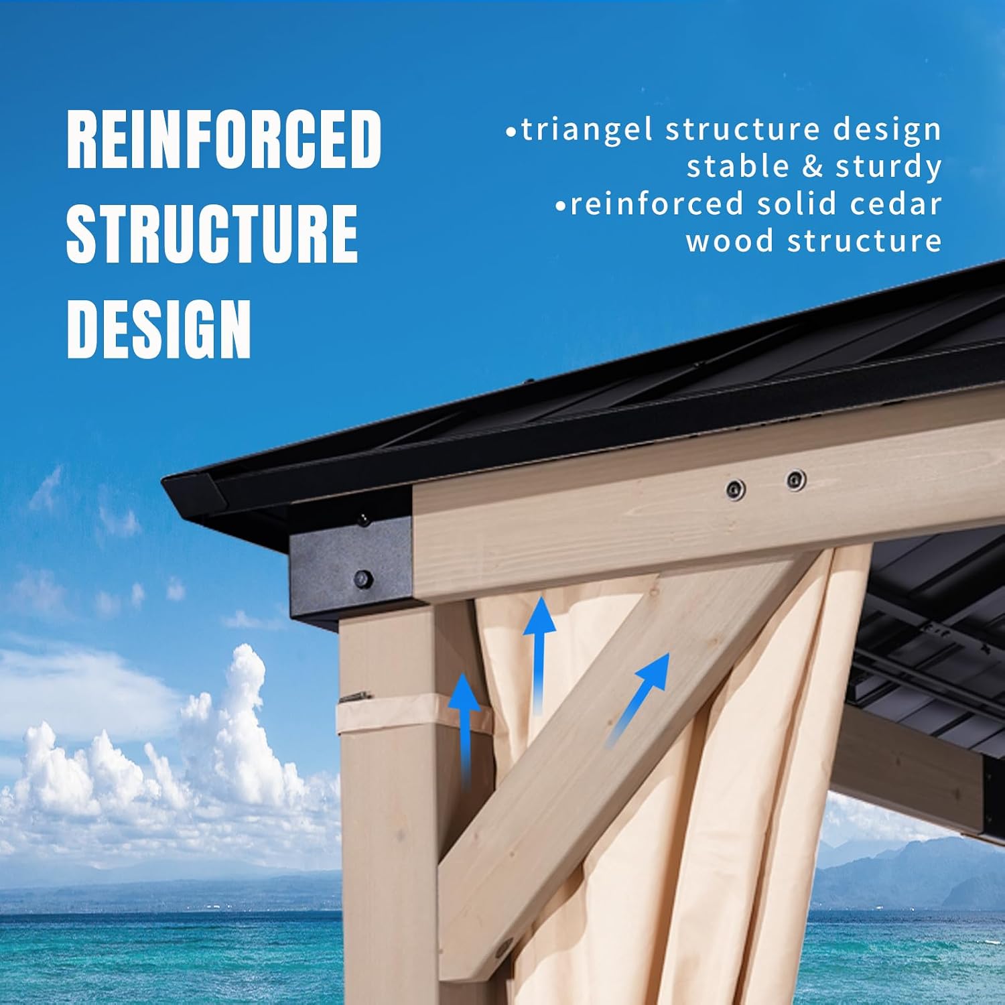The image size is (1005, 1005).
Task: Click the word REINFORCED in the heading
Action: [x=224, y=139]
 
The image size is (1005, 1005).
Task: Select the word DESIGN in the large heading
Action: [x=159, y=329]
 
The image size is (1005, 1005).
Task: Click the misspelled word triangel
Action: [x=587, y=130]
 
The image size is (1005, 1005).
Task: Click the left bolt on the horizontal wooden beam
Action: [x=735, y=490]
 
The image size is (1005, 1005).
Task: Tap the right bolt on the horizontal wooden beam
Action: [x=795, y=480]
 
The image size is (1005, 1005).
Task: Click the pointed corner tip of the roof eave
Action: [x=163, y=480]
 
